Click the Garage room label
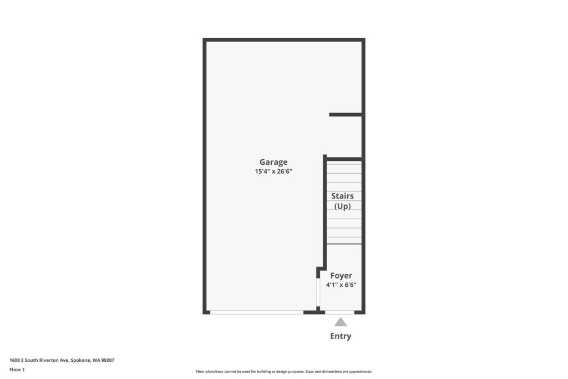point(273,162)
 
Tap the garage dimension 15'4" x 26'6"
point(273,171)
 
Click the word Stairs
point(342,196)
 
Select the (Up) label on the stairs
point(342,206)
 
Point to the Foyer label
point(341,276)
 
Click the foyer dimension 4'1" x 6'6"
point(341,285)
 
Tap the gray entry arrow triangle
point(341,322)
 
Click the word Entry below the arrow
point(341,336)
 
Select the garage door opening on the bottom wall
point(257,312)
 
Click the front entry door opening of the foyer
point(340,312)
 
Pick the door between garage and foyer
point(318,292)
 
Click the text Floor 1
point(17,370)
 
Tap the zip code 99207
point(108,360)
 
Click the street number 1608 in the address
point(14,360)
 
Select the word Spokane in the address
point(81,360)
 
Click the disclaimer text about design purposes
point(284,371)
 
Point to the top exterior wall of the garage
point(284,39)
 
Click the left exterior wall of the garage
point(205,176)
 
